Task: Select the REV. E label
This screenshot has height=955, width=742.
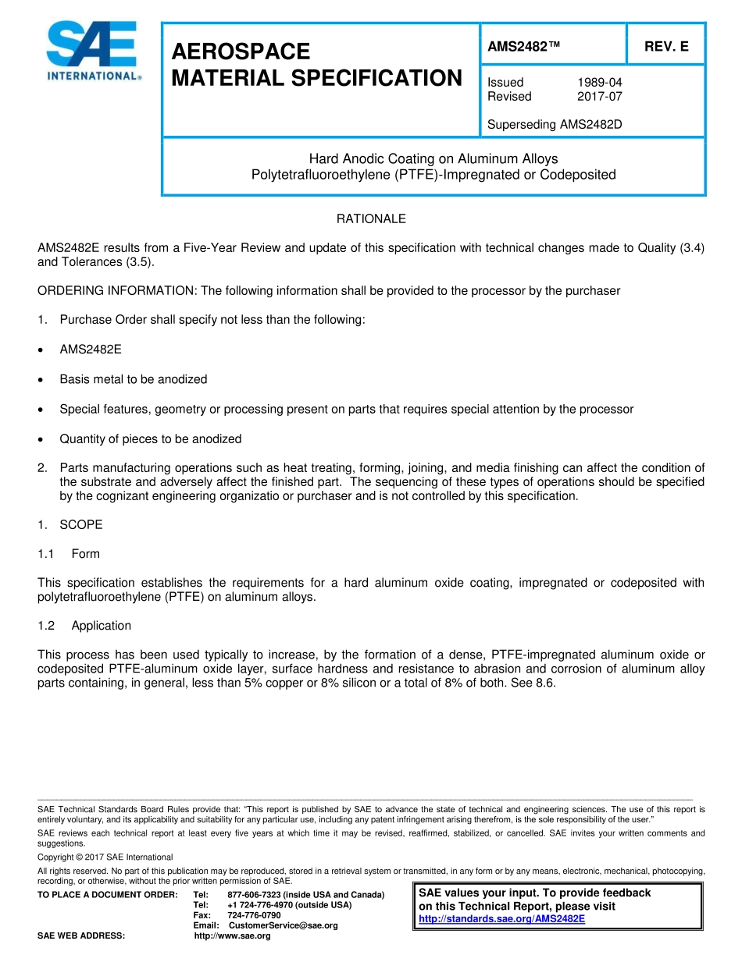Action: tap(665, 47)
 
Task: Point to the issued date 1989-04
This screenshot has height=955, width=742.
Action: tap(599, 83)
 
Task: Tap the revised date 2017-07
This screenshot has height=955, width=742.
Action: tap(599, 97)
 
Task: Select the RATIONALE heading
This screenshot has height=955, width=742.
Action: tap(371, 219)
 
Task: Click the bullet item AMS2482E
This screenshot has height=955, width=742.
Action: tap(91, 350)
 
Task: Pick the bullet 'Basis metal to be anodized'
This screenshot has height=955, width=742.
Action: tap(134, 379)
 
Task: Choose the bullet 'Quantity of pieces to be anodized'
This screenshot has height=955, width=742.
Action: tap(151, 438)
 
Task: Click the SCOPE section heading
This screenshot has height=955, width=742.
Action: tap(80, 524)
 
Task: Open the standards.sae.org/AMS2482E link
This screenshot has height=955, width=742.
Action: tap(501, 919)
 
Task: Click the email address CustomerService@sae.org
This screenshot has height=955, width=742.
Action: tap(283, 925)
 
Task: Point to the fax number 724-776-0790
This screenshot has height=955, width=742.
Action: tap(254, 915)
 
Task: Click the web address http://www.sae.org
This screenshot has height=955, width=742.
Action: tap(232, 936)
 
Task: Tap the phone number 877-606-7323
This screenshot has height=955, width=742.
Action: tap(255, 895)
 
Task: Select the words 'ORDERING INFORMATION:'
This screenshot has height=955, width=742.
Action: tap(118, 291)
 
